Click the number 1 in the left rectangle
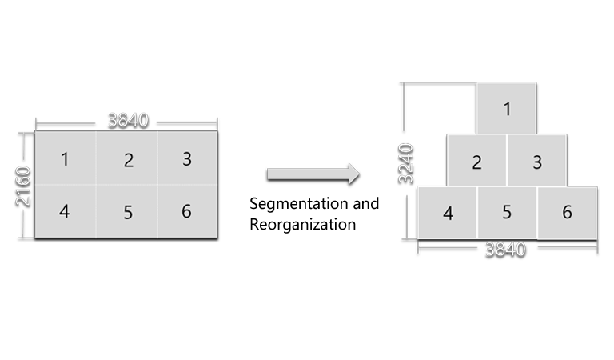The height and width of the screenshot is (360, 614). click(x=65, y=159)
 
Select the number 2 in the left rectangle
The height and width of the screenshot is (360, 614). click(x=129, y=161)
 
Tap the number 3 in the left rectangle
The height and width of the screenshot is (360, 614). click(x=187, y=159)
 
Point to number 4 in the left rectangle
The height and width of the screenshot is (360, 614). click(x=65, y=211)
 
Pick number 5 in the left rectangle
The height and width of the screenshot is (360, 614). click(x=128, y=213)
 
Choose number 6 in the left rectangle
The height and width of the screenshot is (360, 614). click(x=186, y=211)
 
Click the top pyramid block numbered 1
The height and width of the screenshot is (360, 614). click(x=506, y=108)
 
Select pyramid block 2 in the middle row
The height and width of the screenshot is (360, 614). click(x=476, y=161)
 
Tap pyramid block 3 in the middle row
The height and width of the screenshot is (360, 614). click(x=537, y=161)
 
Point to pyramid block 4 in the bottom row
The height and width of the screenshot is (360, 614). click(x=447, y=213)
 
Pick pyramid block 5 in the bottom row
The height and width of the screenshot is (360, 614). click(x=507, y=213)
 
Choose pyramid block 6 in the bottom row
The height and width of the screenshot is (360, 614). click(x=568, y=213)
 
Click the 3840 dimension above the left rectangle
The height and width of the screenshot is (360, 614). click(x=128, y=120)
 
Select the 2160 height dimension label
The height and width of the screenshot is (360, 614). click(x=22, y=186)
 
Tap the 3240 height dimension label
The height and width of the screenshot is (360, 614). click(x=405, y=164)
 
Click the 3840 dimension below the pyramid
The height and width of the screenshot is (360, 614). click(x=505, y=250)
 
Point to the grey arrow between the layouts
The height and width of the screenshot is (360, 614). click(x=313, y=174)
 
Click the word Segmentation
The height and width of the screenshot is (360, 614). click(x=299, y=204)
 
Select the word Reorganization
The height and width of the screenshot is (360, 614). click(x=303, y=225)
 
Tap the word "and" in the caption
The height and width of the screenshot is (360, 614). click(x=365, y=204)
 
